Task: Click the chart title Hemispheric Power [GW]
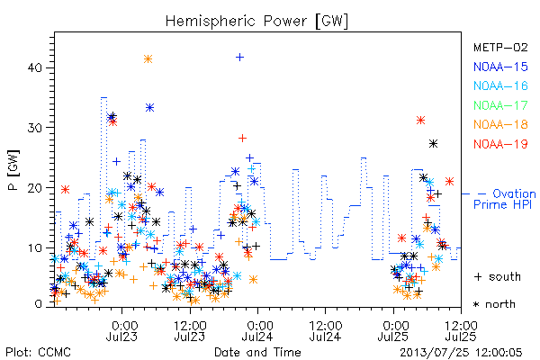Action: tap(256, 22)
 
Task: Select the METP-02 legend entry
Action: tap(500, 48)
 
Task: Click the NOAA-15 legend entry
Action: tap(500, 67)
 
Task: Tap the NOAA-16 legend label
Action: tap(500, 85)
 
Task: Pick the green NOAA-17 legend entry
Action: tap(500, 105)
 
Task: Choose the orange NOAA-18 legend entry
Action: tap(500, 124)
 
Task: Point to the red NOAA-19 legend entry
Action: tap(500, 144)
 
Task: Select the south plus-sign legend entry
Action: tap(498, 276)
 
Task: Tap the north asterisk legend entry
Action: tap(494, 304)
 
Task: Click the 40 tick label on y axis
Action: tap(35, 67)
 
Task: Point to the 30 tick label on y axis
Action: tap(35, 128)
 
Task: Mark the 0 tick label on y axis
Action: tap(39, 304)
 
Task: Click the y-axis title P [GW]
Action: tap(14, 170)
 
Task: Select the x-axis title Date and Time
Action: tap(257, 352)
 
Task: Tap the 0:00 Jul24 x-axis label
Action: tap(257, 330)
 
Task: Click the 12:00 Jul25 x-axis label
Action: tap(461, 330)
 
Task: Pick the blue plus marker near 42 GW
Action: tap(240, 58)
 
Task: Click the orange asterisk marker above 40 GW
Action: tap(148, 59)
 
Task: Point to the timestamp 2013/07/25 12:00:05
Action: tap(461, 353)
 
